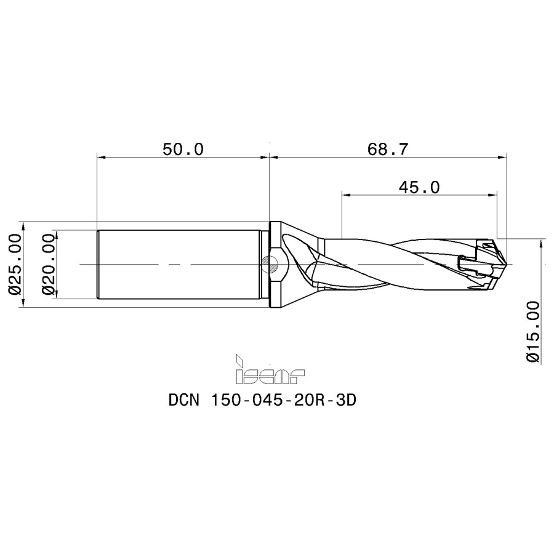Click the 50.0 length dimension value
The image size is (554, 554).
click(183, 150)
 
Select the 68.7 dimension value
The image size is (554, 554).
click(388, 150)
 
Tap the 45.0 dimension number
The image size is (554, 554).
click(419, 187)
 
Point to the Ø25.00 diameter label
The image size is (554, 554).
click(15, 264)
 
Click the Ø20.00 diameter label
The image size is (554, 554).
click(49, 264)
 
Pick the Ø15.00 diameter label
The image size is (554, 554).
click(533, 331)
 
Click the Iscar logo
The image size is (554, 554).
click(270, 369)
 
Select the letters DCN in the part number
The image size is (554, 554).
click(185, 401)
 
